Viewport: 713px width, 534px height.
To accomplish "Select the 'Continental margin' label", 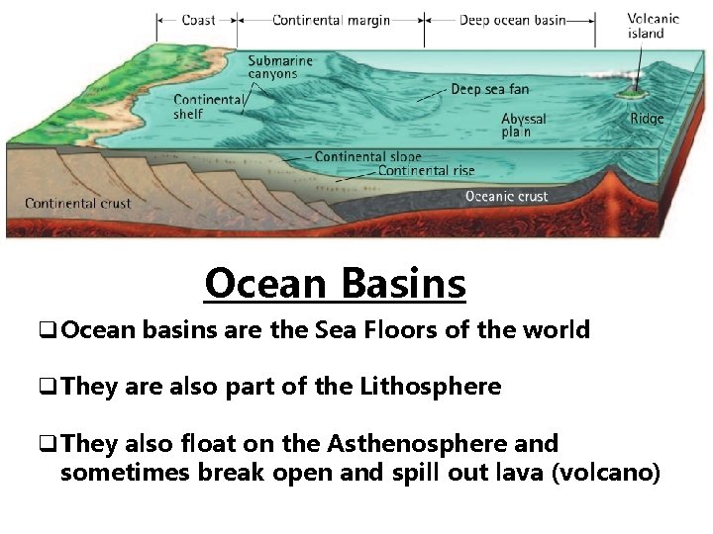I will click(330, 20).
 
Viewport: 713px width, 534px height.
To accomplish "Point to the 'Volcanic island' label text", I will click(654, 26).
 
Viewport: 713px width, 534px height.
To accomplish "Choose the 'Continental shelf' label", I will click(208, 107).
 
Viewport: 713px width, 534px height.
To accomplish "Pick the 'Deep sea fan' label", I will click(489, 89).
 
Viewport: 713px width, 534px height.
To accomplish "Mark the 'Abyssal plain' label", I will click(523, 125).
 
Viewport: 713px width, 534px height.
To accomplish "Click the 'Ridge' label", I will click(647, 119).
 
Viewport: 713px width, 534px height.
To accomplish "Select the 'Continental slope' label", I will click(367, 156).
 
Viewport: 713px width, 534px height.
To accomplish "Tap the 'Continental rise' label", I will click(426, 171).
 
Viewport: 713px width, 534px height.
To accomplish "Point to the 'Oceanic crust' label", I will click(506, 196).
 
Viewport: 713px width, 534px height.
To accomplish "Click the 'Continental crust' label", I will click(77, 204).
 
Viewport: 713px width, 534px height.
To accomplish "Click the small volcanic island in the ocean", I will click(626, 95).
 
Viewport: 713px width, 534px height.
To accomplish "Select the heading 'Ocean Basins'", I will click(335, 284).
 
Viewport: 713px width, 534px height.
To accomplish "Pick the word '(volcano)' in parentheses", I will click(605, 473).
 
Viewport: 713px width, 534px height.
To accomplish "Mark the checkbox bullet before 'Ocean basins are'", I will click(49, 331).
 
